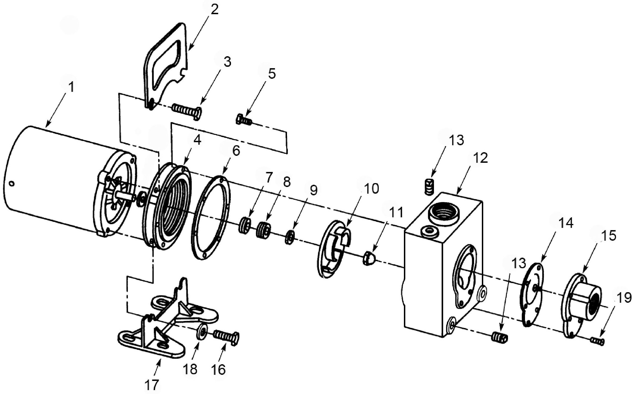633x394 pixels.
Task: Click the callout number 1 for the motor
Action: (x=72, y=87)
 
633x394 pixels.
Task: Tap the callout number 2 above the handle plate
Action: (x=215, y=10)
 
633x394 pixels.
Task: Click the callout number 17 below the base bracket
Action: (x=151, y=385)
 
